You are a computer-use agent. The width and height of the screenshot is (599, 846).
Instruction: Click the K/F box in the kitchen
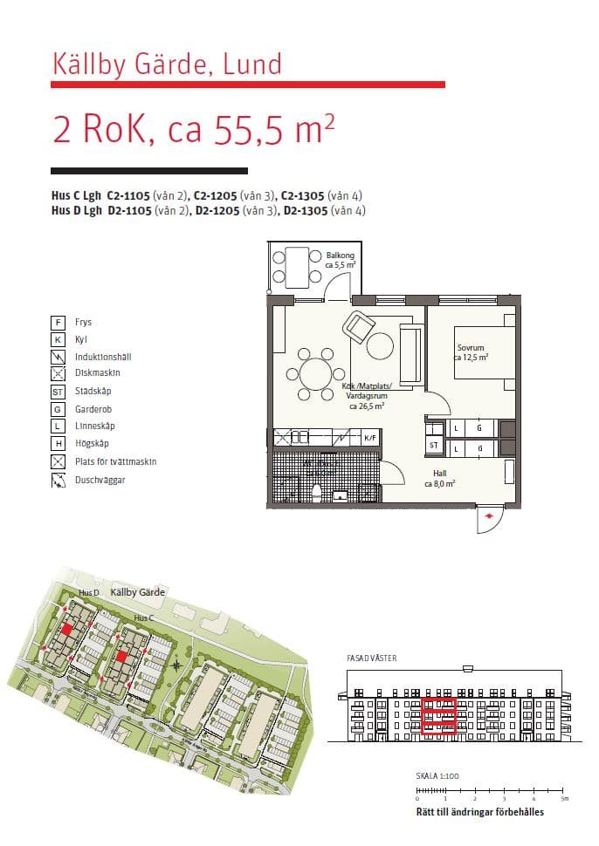(370, 438)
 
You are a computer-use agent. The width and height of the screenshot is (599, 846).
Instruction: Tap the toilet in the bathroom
(316, 492)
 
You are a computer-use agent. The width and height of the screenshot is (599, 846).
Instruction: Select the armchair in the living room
(358, 326)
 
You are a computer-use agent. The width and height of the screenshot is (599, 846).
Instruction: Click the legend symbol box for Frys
(58, 323)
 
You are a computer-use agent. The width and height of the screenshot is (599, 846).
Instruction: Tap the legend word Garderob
(93, 409)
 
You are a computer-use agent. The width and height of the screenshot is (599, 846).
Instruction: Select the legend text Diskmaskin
(98, 373)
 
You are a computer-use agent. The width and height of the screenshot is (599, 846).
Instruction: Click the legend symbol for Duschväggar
(58, 480)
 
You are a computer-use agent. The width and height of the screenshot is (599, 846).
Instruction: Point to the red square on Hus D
(67, 629)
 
